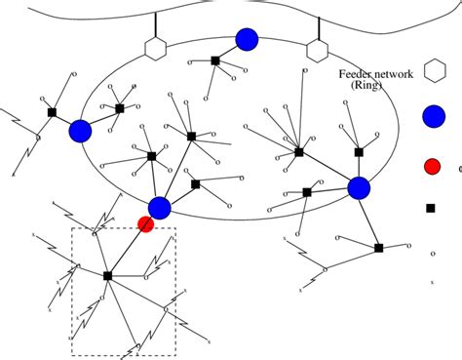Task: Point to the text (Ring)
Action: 369,86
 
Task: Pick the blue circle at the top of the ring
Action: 247,39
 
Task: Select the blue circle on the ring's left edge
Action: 80,130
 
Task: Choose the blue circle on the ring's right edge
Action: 360,187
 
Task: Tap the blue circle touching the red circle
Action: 160,207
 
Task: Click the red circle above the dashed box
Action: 145,225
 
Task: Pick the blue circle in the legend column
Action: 434,119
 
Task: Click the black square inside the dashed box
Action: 107,276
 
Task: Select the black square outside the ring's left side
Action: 51,112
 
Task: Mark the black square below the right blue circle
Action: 379,248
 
